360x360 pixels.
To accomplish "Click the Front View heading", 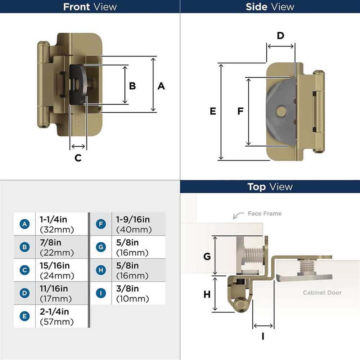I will click(x=90, y=7).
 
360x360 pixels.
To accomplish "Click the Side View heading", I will click(x=270, y=7).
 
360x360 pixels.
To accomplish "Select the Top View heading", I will click(x=270, y=187).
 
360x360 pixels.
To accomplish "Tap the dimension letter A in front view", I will click(x=161, y=86).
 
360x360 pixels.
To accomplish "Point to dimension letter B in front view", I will click(x=132, y=86).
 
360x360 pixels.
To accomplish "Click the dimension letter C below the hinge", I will click(x=78, y=158).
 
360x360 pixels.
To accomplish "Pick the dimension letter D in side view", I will click(x=280, y=36).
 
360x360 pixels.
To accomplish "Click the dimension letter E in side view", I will click(x=213, y=112).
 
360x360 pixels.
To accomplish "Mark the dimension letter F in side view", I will click(x=240, y=112).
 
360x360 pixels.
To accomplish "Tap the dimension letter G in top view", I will click(x=207, y=256).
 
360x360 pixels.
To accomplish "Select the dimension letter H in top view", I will click(x=207, y=294).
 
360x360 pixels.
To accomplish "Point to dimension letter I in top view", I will click(x=263, y=337).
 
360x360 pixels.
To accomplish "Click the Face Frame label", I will click(x=264, y=213).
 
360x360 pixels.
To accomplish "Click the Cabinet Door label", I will click(x=322, y=293).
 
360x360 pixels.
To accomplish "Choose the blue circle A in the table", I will click(x=24, y=224).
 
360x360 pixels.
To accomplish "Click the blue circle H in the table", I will click(x=101, y=270).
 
